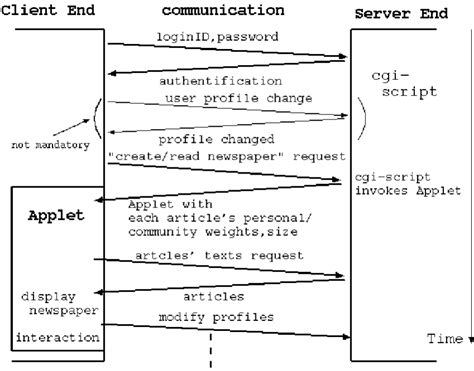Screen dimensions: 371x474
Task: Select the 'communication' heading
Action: (x=221, y=11)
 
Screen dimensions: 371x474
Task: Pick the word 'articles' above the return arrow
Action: (x=213, y=297)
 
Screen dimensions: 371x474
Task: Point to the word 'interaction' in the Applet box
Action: (x=58, y=339)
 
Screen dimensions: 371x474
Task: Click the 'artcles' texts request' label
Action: (x=218, y=256)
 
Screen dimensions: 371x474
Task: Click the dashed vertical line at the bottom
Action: (x=212, y=355)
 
